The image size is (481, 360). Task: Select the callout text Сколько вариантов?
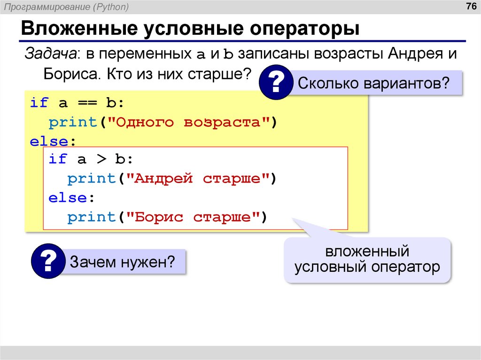pos(373,84)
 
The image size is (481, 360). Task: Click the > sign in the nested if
pos(101,159)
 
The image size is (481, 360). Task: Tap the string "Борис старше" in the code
pos(195,217)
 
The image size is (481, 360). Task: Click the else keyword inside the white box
pos(68,198)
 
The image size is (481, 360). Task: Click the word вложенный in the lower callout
pos(367,252)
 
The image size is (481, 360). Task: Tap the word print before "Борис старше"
pos(91,217)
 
